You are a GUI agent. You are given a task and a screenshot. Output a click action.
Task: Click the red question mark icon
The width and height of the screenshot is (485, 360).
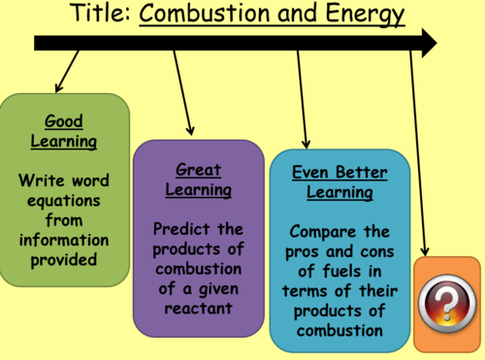[446, 305]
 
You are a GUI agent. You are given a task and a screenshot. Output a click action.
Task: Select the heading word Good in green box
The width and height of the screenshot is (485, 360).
[64, 121]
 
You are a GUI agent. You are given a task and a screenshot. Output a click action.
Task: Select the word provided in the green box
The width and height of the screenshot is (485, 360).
[64, 258]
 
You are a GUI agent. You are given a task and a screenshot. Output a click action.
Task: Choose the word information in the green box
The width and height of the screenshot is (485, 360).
[64, 239]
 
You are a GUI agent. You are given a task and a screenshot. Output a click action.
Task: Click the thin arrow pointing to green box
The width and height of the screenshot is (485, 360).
[67, 72]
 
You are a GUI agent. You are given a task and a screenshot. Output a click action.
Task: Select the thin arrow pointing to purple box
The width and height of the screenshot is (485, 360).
[183, 93]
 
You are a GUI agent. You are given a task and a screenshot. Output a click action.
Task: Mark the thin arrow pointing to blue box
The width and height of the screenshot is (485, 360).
[303, 97]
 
